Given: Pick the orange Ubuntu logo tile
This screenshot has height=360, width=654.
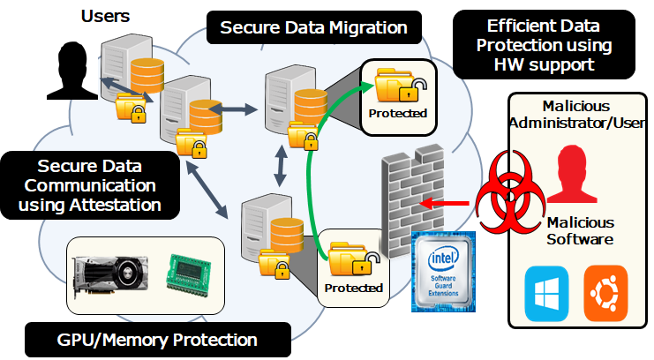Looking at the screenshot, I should click(x=605, y=294).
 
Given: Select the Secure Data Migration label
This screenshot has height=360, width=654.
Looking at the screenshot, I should click(x=314, y=27).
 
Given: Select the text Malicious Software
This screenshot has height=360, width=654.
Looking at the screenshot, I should click(x=580, y=231).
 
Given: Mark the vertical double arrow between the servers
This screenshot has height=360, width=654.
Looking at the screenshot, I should click(x=281, y=166).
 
